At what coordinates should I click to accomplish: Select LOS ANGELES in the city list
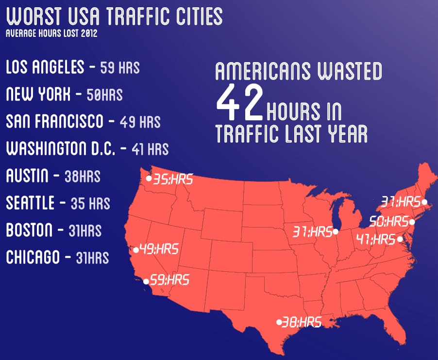point(45,67)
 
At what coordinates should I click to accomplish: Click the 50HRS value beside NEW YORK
point(104,94)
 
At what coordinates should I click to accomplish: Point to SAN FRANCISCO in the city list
point(54,121)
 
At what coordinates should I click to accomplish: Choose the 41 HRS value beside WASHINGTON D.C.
point(150,148)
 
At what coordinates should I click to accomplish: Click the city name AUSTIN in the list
point(27,176)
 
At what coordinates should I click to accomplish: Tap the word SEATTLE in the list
point(30,203)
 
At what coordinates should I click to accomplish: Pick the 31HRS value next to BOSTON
point(85,230)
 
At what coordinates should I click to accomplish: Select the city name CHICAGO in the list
point(33,257)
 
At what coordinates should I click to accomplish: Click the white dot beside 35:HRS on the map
point(149,179)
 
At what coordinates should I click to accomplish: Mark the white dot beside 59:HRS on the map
point(146,280)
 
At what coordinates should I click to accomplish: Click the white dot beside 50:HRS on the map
point(412,222)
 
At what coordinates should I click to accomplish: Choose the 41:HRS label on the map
point(376,239)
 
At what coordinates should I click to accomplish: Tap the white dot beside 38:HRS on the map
point(279,321)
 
